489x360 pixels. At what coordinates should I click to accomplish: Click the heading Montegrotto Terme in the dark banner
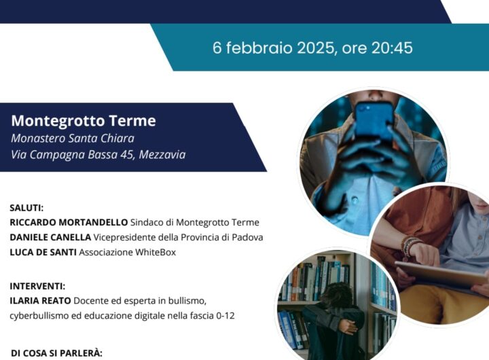coord(84,121)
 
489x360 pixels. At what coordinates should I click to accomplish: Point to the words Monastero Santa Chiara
coord(73,138)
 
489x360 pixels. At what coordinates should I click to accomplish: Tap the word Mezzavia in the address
coord(162,154)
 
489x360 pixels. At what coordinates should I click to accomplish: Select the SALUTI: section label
coord(26,208)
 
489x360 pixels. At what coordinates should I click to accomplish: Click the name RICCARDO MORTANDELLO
coord(69,222)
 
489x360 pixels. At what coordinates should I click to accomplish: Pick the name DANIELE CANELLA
coord(50,238)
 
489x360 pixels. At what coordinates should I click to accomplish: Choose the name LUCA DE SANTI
coord(43,253)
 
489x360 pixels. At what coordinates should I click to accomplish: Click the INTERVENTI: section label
coord(37,286)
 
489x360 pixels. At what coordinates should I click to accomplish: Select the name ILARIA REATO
coord(41,301)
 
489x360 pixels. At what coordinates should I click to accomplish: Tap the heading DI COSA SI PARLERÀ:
coord(56,353)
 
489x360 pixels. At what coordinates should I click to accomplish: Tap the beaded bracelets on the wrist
coord(410,246)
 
